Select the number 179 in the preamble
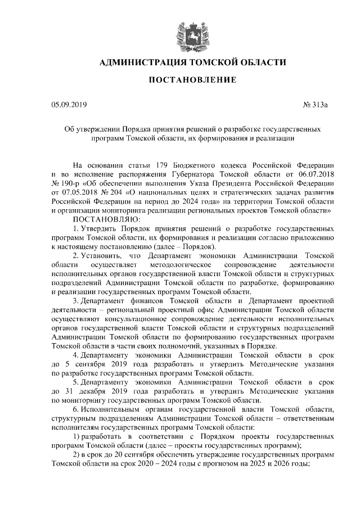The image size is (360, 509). [160, 165]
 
